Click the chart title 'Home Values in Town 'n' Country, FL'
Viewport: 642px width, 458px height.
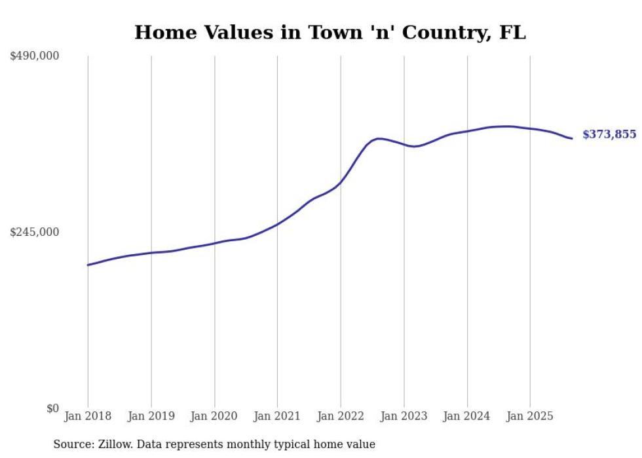pyautogui.click(x=330, y=33)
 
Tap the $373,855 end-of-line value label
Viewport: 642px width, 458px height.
pyautogui.click(x=609, y=134)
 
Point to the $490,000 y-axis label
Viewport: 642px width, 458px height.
pyautogui.click(x=34, y=56)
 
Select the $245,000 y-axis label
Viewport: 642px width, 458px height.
pyautogui.click(x=34, y=232)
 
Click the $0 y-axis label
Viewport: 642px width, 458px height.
pyautogui.click(x=52, y=409)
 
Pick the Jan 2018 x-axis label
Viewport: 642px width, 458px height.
pyautogui.click(x=88, y=416)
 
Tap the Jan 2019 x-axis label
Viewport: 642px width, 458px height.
pyautogui.click(x=151, y=416)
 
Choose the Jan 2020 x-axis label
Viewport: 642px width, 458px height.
pyautogui.click(x=214, y=416)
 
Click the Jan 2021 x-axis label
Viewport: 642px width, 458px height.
pyautogui.click(x=277, y=416)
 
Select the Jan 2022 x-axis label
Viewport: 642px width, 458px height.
pyautogui.click(x=341, y=416)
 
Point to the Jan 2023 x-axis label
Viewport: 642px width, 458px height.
pyautogui.click(x=404, y=416)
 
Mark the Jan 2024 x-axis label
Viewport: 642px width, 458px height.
pyautogui.click(x=467, y=416)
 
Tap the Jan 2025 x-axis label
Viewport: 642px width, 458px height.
pyautogui.click(x=530, y=416)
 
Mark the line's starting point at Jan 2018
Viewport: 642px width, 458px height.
pyautogui.click(x=88, y=265)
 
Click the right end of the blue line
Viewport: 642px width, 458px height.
pyautogui.click(x=572, y=138)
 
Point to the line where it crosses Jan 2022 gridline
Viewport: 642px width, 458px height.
pyautogui.click(x=341, y=181)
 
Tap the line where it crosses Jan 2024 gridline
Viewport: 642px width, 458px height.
pyautogui.click(x=467, y=131)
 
